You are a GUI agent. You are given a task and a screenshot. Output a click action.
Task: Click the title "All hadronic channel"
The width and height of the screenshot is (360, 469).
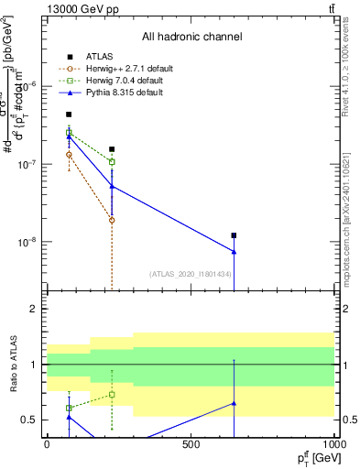pyautogui.click(x=191, y=37)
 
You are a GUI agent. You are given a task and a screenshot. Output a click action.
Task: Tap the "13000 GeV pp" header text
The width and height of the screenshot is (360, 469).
pyautogui.click(x=78, y=8)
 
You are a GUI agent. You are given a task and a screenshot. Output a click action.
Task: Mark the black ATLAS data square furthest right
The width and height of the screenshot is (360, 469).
pyautogui.click(x=234, y=235)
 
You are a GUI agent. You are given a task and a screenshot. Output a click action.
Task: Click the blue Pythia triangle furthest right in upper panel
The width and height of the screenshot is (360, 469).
pyautogui.click(x=234, y=252)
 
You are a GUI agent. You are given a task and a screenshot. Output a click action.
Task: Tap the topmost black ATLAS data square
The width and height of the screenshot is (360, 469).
pyautogui.click(x=69, y=115)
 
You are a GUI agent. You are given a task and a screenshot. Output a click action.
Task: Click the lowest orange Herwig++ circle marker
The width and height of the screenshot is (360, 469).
pyautogui.click(x=112, y=220)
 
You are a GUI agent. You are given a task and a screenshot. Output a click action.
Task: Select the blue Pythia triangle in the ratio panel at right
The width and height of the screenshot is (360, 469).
pyautogui.click(x=234, y=403)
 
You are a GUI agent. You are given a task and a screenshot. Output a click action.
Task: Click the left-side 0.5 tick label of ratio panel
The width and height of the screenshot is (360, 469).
pyautogui.click(x=32, y=420)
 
